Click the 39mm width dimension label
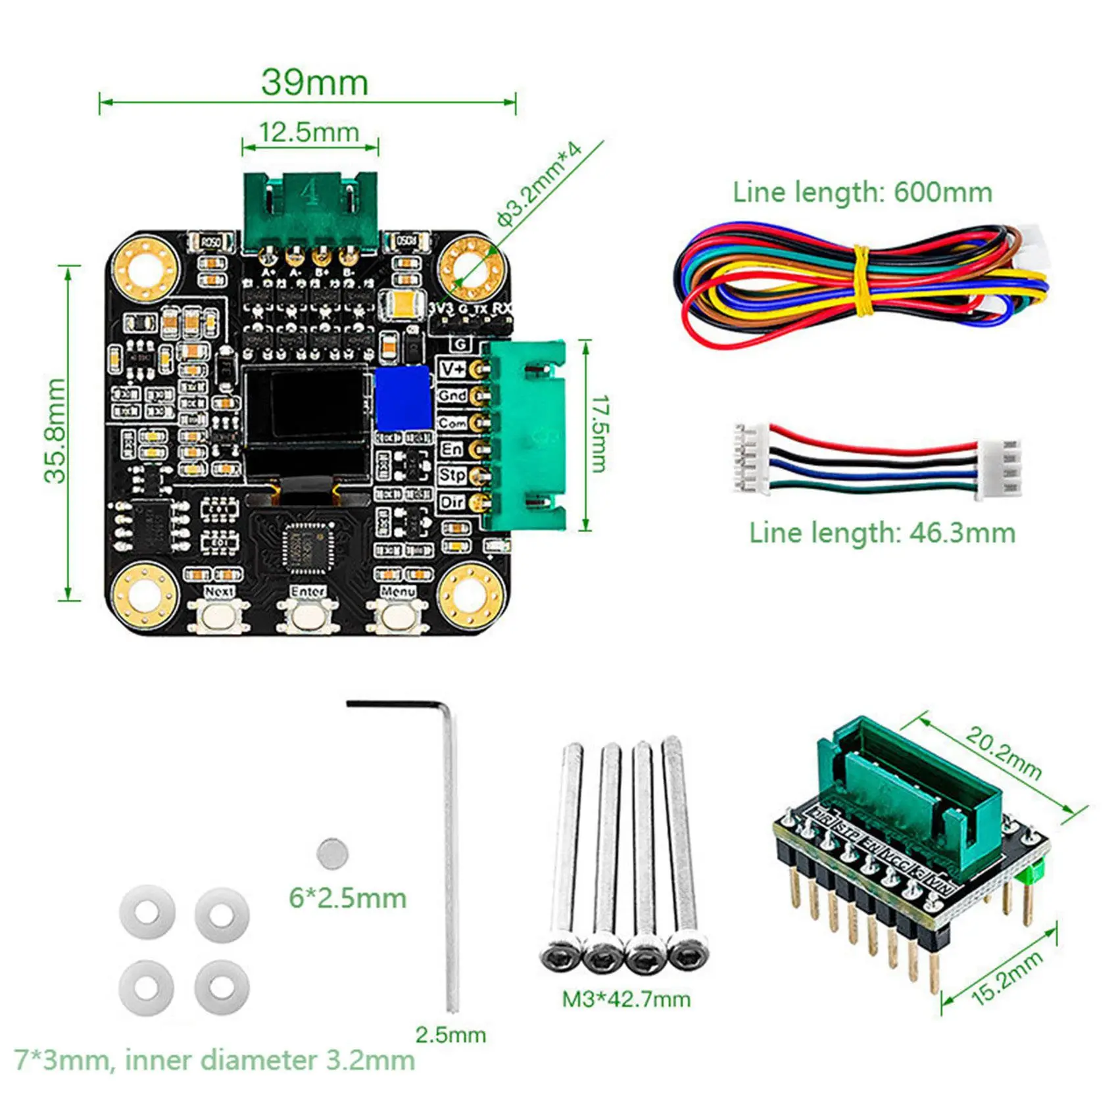(314, 83)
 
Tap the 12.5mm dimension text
(309, 132)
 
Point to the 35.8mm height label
(56, 431)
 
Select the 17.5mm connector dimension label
(599, 433)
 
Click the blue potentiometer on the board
(402, 398)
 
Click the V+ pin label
(452, 369)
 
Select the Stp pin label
(452, 475)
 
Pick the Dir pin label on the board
(452, 502)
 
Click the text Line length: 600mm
(862, 192)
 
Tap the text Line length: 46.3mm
(882, 533)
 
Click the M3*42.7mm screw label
(626, 1000)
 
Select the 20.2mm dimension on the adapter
(1003, 753)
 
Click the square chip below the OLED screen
(306, 545)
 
